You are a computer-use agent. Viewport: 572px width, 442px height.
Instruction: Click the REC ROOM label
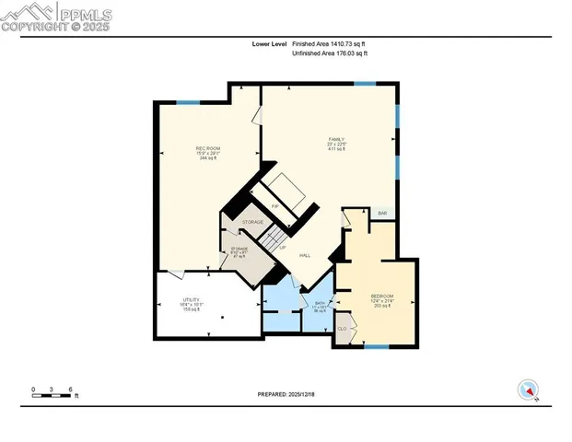pyautogui.click(x=207, y=148)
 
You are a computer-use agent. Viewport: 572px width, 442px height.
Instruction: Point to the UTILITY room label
pyautogui.click(x=191, y=300)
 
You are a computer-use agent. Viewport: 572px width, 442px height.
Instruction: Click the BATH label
pyautogui.click(x=321, y=303)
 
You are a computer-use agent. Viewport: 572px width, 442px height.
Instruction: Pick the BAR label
pyautogui.click(x=382, y=214)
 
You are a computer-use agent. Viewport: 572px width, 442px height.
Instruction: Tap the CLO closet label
pyautogui.click(x=342, y=329)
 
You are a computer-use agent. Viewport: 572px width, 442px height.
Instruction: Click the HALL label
pyautogui.click(x=304, y=255)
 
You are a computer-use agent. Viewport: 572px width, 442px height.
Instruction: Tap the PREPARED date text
pyautogui.click(x=286, y=393)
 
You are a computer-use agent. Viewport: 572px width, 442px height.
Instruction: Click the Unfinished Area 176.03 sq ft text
pyautogui.click(x=330, y=53)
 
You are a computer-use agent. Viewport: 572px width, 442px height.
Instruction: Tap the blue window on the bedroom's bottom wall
pyautogui.click(x=376, y=347)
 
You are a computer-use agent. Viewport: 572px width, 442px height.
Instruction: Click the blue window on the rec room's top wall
pyautogui.click(x=188, y=101)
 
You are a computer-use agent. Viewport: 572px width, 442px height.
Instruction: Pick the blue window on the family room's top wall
pyautogui.click(x=365, y=84)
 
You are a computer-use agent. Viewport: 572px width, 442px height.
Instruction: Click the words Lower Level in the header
pyautogui.click(x=270, y=43)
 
